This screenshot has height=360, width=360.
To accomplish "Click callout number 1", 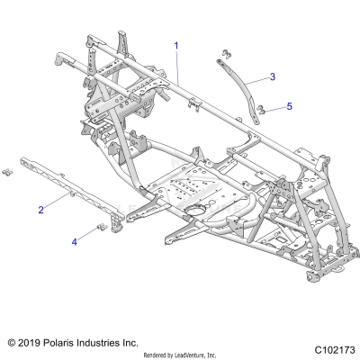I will click(176, 44).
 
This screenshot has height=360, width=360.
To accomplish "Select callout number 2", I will click(41, 209).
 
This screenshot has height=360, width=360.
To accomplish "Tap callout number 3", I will click(273, 76).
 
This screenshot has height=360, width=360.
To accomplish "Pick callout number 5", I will click(289, 106).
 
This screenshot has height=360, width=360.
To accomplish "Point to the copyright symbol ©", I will click(12, 343).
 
